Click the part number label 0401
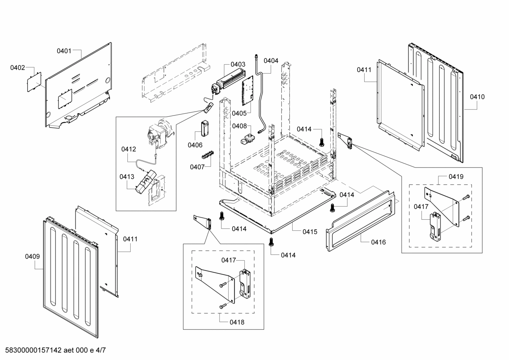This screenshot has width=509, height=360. (64, 51)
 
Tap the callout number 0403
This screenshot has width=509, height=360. (238, 64)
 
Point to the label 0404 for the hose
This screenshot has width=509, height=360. (271, 61)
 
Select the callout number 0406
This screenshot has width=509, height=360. (195, 145)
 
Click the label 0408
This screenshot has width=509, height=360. (239, 126)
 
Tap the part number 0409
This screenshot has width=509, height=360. (32, 256)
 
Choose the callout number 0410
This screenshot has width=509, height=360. (477, 97)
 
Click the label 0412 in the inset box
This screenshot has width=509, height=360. (128, 149)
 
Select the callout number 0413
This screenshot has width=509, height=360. (127, 177)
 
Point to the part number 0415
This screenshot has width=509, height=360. (310, 232)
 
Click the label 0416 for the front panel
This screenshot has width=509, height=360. (378, 242)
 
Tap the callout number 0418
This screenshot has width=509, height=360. (236, 322)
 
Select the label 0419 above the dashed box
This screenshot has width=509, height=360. (456, 176)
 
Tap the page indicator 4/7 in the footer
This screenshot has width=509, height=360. (101, 350)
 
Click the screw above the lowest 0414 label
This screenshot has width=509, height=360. (271, 242)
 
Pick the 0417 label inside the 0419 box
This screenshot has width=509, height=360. (421, 207)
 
